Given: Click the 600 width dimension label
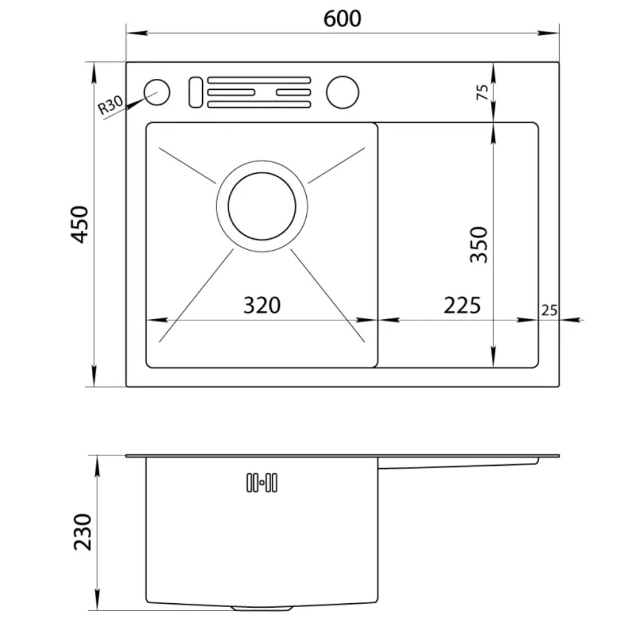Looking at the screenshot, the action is pyautogui.click(x=342, y=19).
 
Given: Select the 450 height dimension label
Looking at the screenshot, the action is pyautogui.click(x=79, y=224).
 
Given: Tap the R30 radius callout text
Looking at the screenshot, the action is pyautogui.click(x=110, y=105).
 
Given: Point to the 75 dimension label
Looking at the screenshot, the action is pyautogui.click(x=482, y=92).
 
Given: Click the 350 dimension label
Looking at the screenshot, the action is pyautogui.click(x=479, y=244).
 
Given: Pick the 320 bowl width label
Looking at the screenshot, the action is pyautogui.click(x=262, y=305).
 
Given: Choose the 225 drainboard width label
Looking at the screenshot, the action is pyautogui.click(x=462, y=305).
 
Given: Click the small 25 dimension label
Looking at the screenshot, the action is pyautogui.click(x=549, y=311).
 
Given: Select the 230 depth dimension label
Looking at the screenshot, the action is pyautogui.click(x=83, y=532).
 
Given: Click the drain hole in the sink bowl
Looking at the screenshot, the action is pyautogui.click(x=262, y=206).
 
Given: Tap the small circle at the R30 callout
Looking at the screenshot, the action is pyautogui.click(x=157, y=92).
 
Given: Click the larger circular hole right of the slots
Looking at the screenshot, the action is pyautogui.click(x=342, y=92).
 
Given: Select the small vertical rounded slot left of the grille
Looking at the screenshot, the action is pyautogui.click(x=195, y=92).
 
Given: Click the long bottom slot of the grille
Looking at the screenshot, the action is pyautogui.click(x=259, y=105).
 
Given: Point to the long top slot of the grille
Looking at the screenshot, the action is pyautogui.click(x=259, y=80).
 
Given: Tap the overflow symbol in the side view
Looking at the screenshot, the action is pyautogui.click(x=262, y=482).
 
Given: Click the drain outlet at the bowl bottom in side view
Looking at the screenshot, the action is pyautogui.click(x=262, y=608).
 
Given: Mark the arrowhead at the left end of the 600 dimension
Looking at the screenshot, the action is pyautogui.click(x=137, y=32).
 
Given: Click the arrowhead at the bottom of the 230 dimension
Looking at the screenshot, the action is pyautogui.click(x=97, y=599).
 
